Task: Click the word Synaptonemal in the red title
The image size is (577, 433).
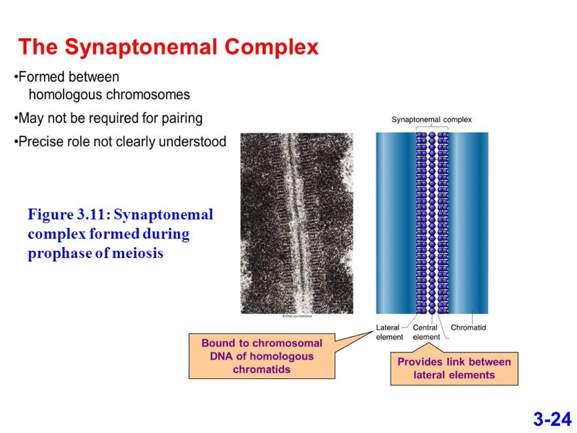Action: point(141,47)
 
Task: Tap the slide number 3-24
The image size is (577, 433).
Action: point(552,419)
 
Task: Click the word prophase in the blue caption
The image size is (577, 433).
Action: point(59,253)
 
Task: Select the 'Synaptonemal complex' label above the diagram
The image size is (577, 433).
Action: point(431,120)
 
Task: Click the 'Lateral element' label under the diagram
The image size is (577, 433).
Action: point(389,332)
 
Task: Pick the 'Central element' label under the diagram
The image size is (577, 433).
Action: point(426,332)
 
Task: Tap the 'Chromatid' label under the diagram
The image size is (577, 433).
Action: point(468,328)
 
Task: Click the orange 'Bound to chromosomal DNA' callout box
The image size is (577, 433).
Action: point(261,356)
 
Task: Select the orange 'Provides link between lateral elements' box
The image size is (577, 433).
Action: point(454,368)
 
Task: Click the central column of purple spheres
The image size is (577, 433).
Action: point(432,223)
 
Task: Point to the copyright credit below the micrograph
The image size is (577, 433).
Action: point(297,316)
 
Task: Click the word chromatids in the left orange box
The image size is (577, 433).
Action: point(261,369)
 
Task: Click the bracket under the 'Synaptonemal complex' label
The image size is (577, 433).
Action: point(432,128)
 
